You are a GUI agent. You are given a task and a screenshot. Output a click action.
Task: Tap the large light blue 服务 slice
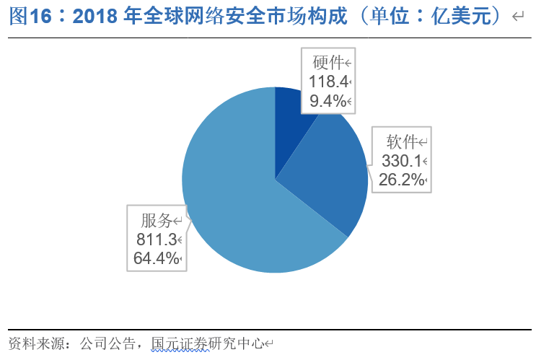238,202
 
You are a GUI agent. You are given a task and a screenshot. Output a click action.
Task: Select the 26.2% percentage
400,180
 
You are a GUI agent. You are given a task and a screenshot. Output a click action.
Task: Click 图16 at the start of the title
25,17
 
